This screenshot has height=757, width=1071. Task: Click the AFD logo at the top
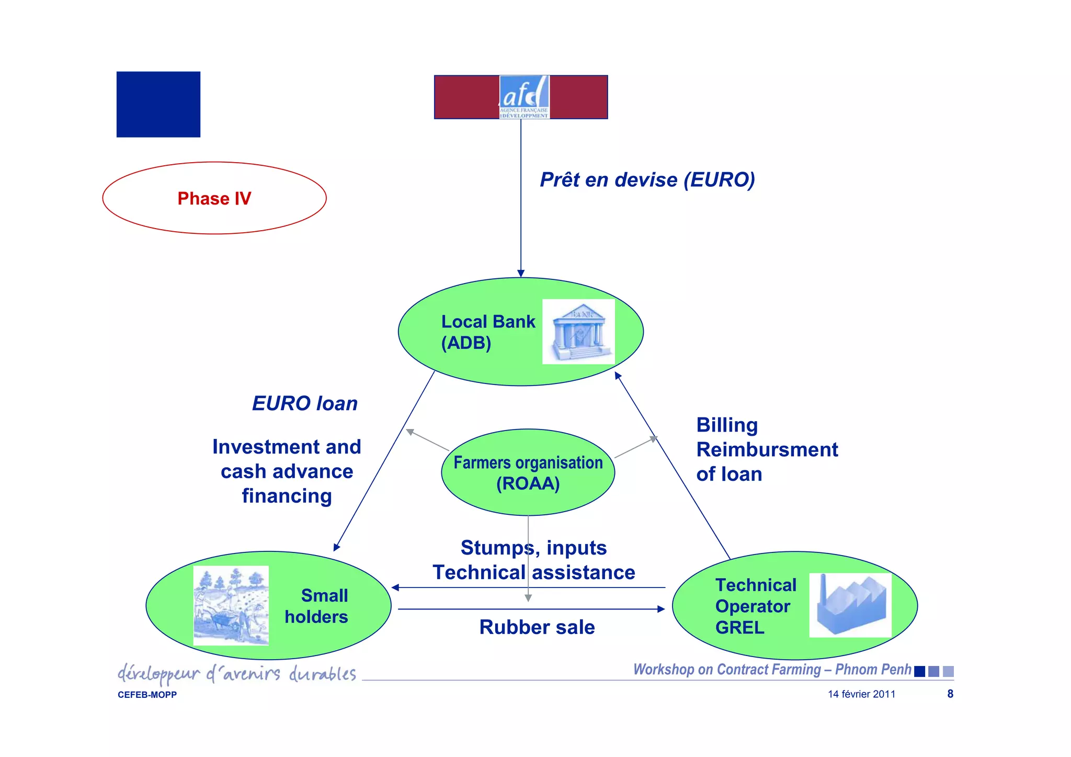524,97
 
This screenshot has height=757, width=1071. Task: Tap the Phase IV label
214,198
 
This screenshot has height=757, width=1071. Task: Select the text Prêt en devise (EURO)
647,180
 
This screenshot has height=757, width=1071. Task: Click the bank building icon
578,332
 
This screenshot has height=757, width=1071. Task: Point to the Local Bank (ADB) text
487,332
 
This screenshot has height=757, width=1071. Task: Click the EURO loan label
305,403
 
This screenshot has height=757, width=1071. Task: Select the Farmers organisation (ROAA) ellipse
528,472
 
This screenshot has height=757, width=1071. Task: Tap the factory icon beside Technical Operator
850,605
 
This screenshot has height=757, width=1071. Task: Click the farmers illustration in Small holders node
231,605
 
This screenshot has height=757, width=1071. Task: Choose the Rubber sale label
537,627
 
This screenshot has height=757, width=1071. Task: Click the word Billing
727,425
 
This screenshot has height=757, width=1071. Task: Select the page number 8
950,694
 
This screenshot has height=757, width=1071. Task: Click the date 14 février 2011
861,694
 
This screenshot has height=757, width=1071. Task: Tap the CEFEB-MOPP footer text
147,695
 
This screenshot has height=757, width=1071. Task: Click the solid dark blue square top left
158,105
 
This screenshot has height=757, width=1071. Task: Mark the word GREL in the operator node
739,627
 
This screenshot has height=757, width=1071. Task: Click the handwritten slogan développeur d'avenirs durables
237,674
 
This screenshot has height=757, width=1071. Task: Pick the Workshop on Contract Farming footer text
772,670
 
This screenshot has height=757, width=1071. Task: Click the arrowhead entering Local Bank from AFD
521,273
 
